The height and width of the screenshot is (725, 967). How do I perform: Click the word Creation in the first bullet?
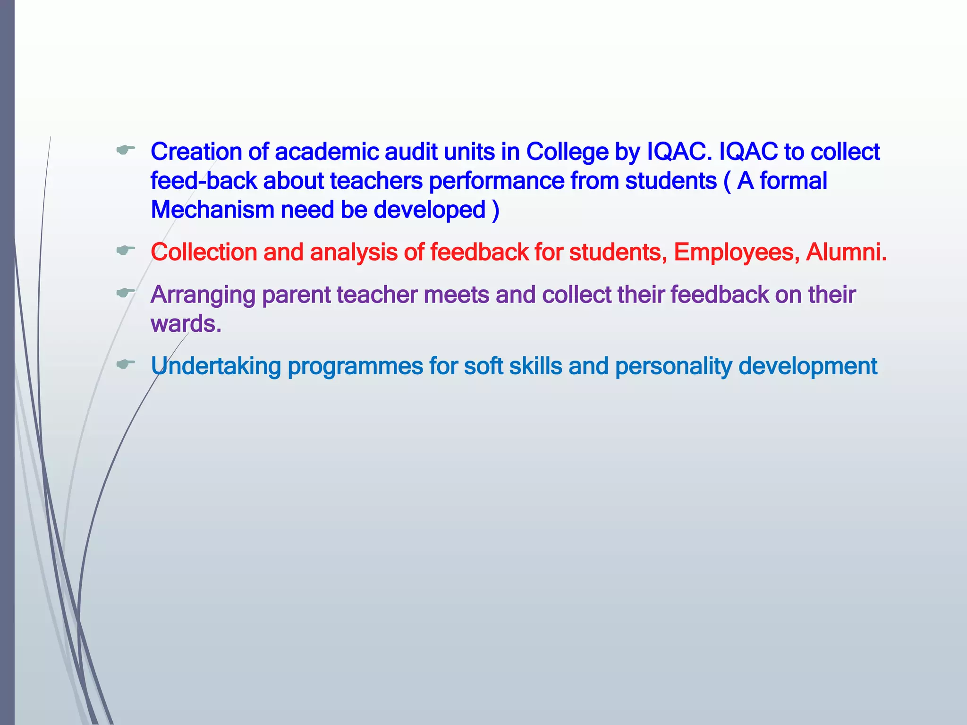[196, 152]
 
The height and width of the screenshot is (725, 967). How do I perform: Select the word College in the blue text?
[567, 152]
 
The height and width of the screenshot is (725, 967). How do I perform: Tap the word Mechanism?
[212, 210]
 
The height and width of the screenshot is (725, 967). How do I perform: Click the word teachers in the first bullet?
[376, 181]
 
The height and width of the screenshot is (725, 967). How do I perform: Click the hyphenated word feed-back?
[204, 181]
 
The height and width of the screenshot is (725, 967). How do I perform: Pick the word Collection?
[204, 252]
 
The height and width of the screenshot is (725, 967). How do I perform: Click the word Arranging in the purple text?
[203, 295]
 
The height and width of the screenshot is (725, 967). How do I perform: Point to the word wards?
[186, 324]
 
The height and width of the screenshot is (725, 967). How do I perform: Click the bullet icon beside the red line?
[126, 250]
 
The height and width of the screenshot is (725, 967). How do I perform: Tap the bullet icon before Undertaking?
[126, 364]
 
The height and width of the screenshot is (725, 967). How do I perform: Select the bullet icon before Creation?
[126, 150]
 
